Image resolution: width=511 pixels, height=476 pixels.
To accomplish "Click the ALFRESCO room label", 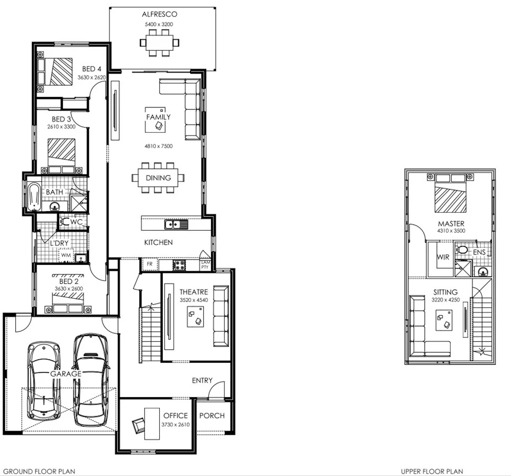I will point(159,14).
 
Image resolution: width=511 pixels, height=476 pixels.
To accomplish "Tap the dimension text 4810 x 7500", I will point(159,146).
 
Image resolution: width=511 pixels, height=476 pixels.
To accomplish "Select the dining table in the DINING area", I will point(159,178).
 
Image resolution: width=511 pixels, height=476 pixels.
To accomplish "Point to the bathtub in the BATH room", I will point(34,196).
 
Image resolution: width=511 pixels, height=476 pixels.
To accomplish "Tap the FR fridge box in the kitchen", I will point(150,263).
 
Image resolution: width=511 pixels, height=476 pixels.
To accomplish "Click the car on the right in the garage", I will point(90,379).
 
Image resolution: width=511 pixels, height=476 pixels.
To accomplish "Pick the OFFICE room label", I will point(175,416).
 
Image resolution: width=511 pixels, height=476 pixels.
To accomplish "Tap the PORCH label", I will point(212,416).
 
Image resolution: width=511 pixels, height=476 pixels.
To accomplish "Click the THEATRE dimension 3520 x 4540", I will point(193,300).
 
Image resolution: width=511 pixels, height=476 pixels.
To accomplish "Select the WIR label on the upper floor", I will point(443,258).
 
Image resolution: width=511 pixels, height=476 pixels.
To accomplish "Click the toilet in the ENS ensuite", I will point(462,249).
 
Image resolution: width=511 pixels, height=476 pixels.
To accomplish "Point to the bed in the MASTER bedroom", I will point(451,194).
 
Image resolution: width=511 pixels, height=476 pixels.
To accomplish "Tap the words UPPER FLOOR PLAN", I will point(432,471).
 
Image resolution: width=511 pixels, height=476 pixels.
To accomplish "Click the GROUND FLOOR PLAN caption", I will point(39,471).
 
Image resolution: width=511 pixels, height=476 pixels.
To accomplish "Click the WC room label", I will point(76,222).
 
